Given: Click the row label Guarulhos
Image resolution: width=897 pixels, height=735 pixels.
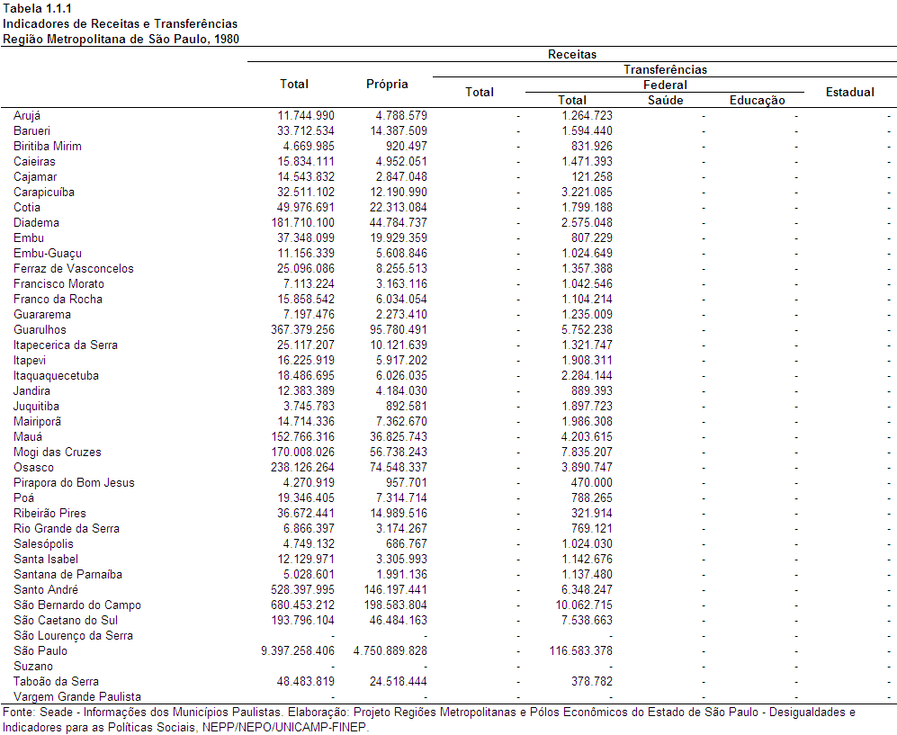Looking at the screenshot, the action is point(40,329).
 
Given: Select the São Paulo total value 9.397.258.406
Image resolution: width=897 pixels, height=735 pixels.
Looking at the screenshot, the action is point(298,650).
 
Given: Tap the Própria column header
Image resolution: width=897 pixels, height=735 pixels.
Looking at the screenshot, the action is point(387,84).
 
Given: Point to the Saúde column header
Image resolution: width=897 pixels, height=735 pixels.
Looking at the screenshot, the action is point(665,100).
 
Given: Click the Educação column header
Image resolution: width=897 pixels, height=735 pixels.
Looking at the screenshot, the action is point(757,100).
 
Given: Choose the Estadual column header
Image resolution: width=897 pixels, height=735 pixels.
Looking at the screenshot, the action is point(849,92).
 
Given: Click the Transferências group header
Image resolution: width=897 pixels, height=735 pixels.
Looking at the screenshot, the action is point(665,70).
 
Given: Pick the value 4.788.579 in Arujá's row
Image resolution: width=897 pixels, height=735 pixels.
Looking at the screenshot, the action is point(401,115).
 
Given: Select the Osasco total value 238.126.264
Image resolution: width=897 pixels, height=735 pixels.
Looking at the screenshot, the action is point(302,467).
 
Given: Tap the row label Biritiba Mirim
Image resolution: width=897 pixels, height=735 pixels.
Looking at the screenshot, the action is point(48,146).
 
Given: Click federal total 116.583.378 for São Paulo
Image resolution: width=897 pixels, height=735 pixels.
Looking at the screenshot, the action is point(580,650).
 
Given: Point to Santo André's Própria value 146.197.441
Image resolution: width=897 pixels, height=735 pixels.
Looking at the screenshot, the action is point(395,589).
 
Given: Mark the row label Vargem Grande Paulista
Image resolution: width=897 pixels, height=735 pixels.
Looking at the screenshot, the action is point(77,696).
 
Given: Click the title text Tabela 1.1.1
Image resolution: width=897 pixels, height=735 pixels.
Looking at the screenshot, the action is point(37,9).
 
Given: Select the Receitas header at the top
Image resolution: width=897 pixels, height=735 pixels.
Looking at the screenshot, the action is point(572,54).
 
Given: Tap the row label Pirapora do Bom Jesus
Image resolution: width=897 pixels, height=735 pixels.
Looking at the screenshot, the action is point(74,482).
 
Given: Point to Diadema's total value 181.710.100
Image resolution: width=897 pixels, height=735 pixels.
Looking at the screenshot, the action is point(302,222).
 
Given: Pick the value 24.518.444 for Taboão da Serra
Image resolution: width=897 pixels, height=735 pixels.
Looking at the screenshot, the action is point(399,681).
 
